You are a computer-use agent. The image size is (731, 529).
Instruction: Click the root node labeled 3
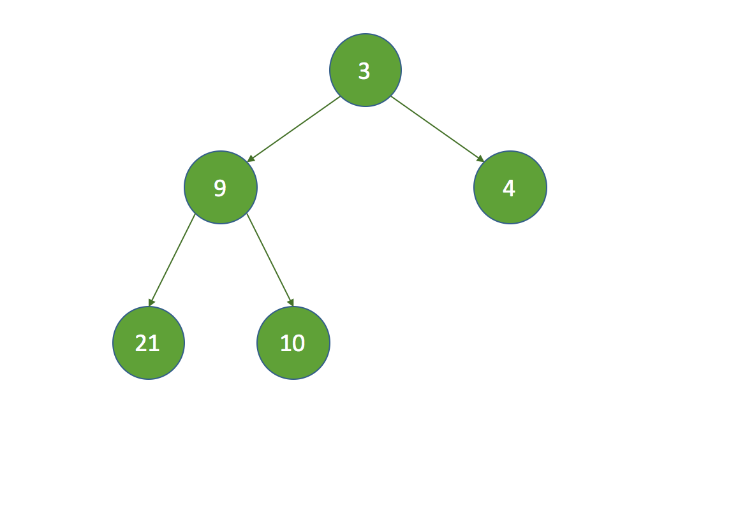[x=365, y=70]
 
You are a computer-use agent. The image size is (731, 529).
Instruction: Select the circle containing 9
[x=221, y=187]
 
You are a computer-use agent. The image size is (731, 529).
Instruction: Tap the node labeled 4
[x=510, y=187]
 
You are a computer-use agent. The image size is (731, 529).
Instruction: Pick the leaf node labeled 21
[x=149, y=343]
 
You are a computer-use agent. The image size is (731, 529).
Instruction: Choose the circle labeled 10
[x=293, y=343]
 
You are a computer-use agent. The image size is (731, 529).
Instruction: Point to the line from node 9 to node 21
[x=172, y=260]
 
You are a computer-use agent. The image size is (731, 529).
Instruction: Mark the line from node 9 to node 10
[x=270, y=260]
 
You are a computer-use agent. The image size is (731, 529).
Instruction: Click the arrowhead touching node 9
[x=251, y=159]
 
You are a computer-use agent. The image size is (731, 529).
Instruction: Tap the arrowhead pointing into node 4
[x=480, y=159]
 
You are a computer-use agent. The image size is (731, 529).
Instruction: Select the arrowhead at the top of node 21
[x=151, y=303]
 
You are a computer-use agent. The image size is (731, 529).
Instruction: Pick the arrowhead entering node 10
[x=291, y=303]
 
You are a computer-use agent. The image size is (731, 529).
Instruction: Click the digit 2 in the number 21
[x=141, y=343]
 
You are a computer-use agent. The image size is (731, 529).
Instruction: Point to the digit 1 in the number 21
[x=154, y=343]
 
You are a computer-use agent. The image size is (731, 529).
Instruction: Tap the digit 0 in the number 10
[x=299, y=343]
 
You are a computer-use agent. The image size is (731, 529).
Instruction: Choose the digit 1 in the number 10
[x=286, y=343]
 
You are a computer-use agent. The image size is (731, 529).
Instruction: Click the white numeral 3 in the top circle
[x=364, y=71]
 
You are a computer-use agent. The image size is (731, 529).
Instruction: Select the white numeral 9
[x=219, y=188]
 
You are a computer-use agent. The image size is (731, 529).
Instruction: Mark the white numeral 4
[x=508, y=188]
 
